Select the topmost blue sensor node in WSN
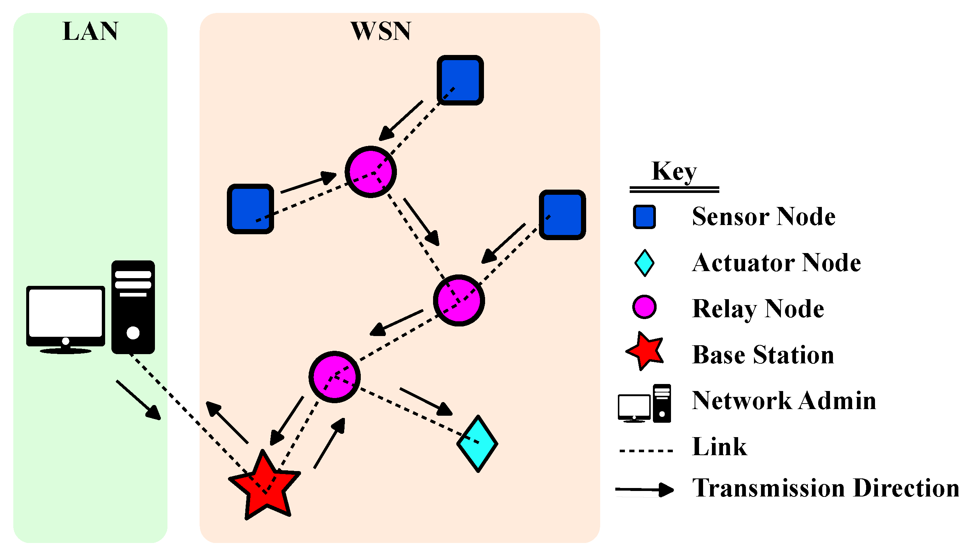(x=460, y=80)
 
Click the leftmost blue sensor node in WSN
(x=250, y=209)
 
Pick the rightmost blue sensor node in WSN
(x=562, y=215)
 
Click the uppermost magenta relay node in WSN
(x=370, y=172)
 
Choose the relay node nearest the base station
(x=334, y=377)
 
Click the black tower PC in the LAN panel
(x=133, y=307)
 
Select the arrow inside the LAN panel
(x=138, y=400)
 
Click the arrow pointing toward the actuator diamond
(x=426, y=402)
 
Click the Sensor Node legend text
(x=763, y=217)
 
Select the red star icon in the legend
(x=645, y=351)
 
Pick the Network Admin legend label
(x=784, y=401)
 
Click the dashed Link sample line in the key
(x=646, y=451)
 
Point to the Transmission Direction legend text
(x=826, y=488)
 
